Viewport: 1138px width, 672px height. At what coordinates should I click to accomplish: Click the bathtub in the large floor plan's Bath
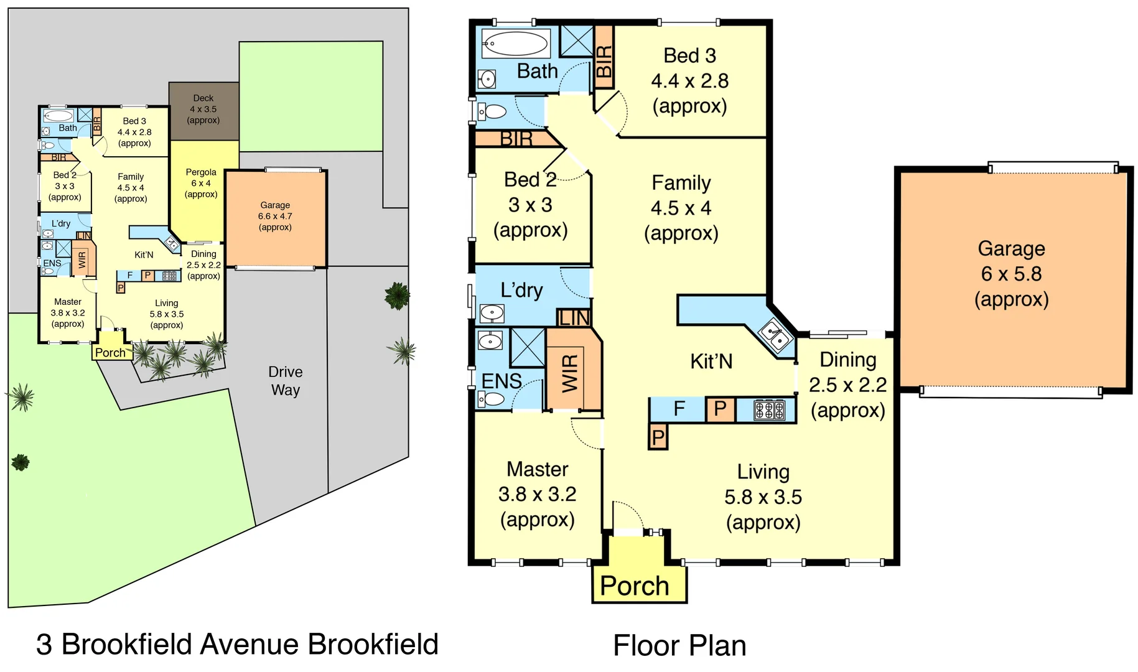[516, 44]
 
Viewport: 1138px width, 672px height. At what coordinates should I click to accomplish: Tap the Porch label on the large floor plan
[634, 586]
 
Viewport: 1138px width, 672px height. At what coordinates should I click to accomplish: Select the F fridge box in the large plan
[679, 409]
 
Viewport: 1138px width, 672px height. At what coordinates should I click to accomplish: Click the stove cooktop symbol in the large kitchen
[769, 410]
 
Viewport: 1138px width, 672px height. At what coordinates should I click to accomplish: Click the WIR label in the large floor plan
[570, 373]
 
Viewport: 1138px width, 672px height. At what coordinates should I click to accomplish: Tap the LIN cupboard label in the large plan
[574, 318]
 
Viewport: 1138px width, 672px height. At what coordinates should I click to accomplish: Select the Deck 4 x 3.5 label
[203, 110]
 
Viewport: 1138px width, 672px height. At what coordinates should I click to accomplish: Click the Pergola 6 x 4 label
[201, 183]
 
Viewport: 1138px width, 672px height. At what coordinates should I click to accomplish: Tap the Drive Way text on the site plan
[285, 381]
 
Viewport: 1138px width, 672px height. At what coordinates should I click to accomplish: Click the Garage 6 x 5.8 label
[1011, 274]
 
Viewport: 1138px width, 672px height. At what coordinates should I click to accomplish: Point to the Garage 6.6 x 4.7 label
[275, 216]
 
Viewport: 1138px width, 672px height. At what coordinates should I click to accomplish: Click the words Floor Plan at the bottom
[679, 645]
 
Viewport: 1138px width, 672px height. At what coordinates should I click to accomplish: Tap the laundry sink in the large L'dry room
[492, 312]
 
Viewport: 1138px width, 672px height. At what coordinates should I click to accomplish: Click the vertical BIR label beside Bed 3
[604, 61]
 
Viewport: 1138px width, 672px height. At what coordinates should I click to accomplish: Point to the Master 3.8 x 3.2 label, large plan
[538, 494]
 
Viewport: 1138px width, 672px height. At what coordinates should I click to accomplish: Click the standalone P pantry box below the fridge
[658, 437]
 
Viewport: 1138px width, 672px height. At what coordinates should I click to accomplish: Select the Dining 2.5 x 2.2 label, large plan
[847, 385]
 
